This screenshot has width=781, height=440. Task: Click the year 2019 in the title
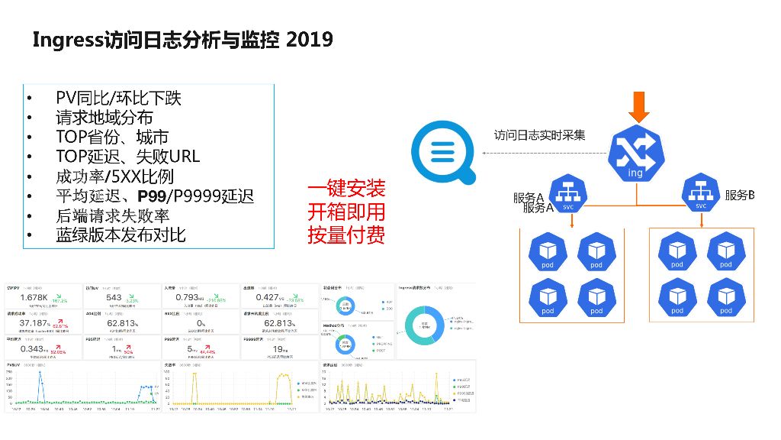coord(309,40)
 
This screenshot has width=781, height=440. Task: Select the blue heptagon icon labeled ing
coord(636,153)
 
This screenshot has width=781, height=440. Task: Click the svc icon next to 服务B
coord(700,193)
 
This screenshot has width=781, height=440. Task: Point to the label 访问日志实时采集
coord(540,135)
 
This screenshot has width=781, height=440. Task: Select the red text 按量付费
coord(346,235)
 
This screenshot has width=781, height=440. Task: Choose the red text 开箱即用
coord(346,212)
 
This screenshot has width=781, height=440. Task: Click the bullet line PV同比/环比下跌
coord(118,98)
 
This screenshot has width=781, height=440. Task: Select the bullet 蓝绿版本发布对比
coord(121,235)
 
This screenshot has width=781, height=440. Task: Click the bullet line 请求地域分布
coord(104,118)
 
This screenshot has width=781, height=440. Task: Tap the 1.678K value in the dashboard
coord(34,297)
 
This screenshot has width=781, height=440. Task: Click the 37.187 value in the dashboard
coord(34,323)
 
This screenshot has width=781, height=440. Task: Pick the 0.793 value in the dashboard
coord(188,297)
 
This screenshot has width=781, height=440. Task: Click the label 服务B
coord(739,196)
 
